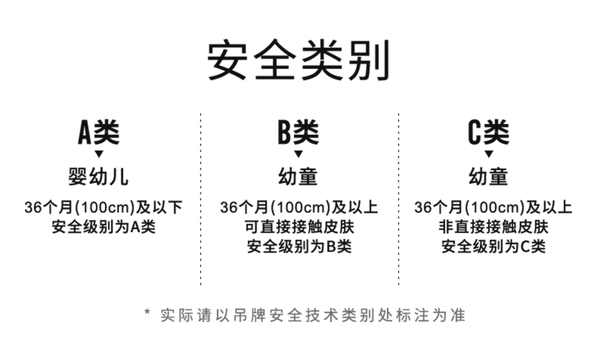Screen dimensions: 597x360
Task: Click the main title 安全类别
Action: coord(298,61)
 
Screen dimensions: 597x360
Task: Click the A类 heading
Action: coord(99,132)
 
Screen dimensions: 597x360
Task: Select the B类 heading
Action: coord(298,132)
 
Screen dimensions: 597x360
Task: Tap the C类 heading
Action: coord(488,132)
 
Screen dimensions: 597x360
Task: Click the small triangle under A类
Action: coord(99,154)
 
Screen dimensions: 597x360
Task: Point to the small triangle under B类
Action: coord(298,154)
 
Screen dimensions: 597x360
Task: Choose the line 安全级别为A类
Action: coord(104,226)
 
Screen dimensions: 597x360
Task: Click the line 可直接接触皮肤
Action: coord(299,226)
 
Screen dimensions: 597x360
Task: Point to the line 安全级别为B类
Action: coord(299,246)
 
